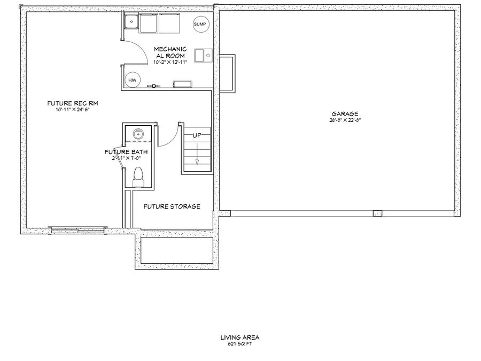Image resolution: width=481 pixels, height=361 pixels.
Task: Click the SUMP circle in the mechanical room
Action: click(199, 25)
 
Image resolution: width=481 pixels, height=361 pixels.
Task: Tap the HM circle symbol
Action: click(131, 80)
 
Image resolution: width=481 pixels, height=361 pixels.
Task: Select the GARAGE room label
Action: click(345, 113)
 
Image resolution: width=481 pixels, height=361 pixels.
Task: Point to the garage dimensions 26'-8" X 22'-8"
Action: click(345, 120)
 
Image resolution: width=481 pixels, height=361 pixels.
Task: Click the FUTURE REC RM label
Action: click(73, 103)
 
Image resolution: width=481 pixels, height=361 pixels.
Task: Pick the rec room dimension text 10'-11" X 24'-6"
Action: click(73, 110)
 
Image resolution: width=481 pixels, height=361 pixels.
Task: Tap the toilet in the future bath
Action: click(138, 176)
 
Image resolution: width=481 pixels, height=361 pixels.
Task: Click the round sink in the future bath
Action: click(138, 133)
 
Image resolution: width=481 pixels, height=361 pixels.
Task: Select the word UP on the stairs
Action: click(197, 135)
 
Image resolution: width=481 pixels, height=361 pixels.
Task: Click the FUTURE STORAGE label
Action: click(172, 206)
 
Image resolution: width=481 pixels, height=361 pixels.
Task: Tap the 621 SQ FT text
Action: click(240, 344)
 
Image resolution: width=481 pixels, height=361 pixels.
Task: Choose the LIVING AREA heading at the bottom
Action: click(240, 337)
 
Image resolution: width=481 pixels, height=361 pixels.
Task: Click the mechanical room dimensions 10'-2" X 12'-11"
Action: click(170, 62)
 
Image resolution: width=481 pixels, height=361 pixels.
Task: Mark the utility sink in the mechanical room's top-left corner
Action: click(130, 23)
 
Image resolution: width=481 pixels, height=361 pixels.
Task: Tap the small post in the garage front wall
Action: click(377, 213)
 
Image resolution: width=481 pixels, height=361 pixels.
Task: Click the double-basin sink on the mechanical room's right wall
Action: click(203, 55)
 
